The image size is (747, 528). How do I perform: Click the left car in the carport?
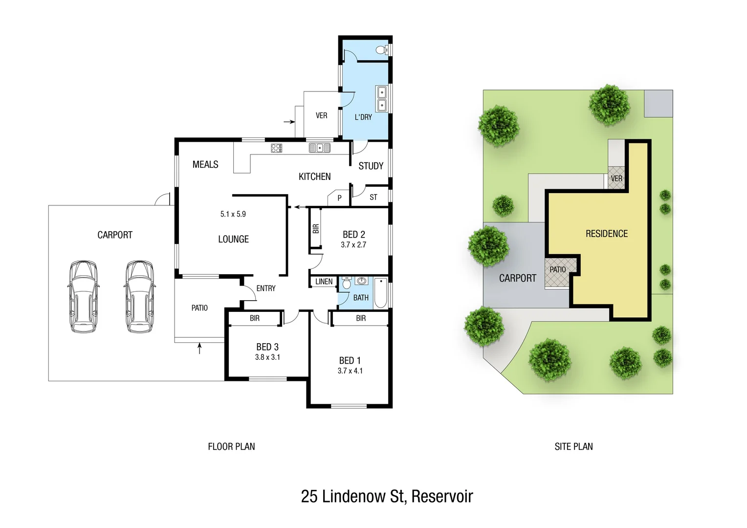[84, 297]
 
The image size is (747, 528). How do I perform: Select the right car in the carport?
[140, 297]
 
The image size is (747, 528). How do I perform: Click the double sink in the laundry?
[381, 99]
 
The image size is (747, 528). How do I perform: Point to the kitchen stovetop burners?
[276, 148]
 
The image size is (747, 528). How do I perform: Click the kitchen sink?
[320, 148]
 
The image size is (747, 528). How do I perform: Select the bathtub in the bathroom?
[380, 293]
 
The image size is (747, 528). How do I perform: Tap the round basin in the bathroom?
[361, 281]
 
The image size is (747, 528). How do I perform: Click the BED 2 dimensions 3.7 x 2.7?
[353, 245]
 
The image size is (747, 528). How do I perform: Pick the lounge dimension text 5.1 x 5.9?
[233, 214]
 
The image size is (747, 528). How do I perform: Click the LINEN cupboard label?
[324, 282]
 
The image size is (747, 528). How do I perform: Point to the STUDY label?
[371, 166]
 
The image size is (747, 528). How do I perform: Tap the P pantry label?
[339, 198]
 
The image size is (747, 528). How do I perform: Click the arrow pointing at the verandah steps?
[289, 122]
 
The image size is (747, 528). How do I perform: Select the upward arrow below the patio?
[199, 348]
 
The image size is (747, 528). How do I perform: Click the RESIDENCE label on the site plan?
[606, 234]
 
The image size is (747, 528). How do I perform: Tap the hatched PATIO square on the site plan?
[557, 273]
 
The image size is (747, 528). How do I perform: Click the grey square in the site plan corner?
[658, 104]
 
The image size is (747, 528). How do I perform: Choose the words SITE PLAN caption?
[573, 446]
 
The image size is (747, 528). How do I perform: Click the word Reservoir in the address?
[442, 496]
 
